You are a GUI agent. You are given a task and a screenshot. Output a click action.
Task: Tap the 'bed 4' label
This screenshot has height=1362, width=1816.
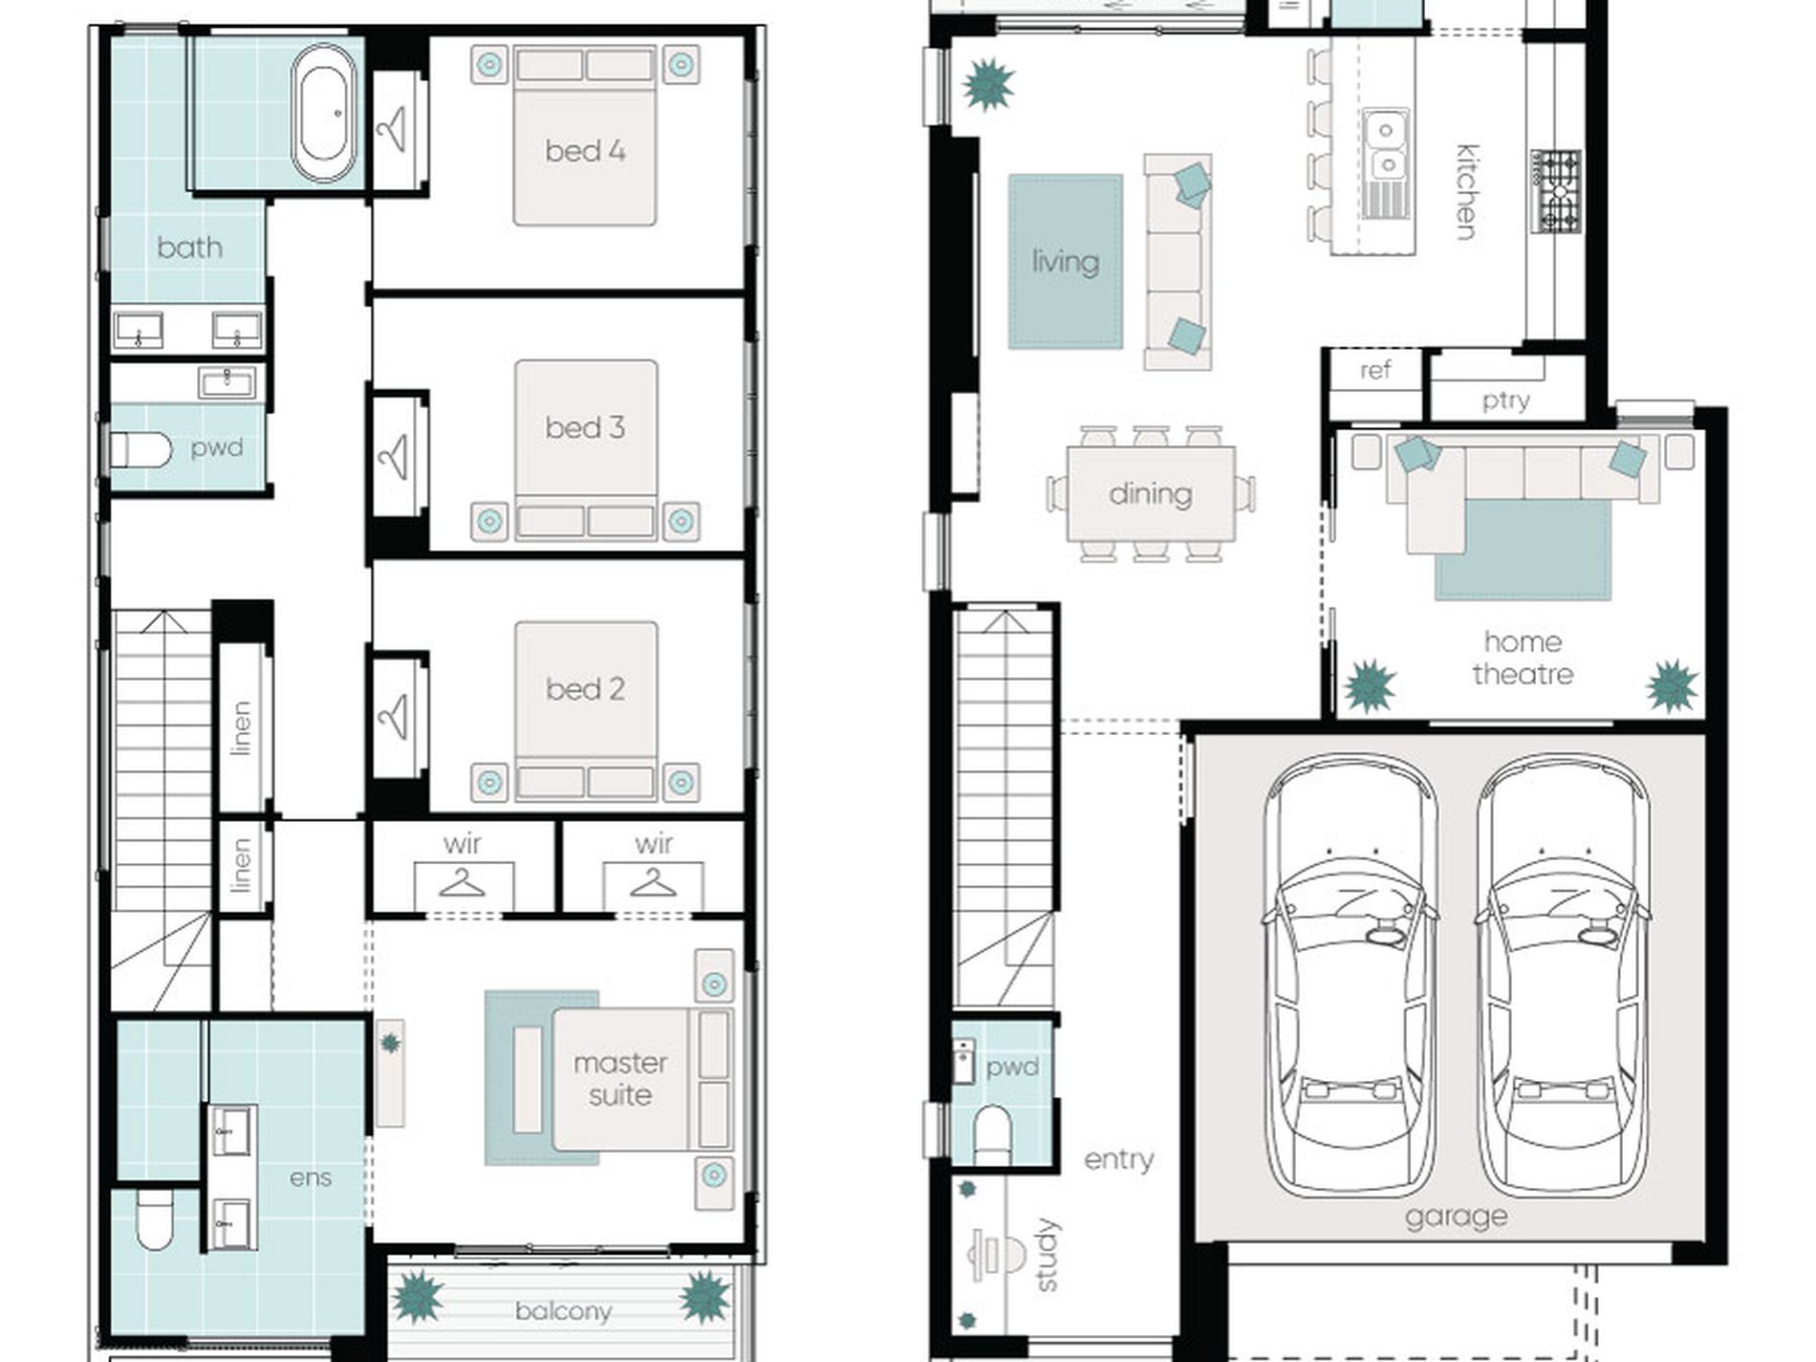point(585,150)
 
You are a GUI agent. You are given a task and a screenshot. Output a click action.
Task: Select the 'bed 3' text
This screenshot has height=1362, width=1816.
point(585,427)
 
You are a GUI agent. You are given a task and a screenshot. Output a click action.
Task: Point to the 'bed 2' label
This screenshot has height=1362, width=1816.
point(585,688)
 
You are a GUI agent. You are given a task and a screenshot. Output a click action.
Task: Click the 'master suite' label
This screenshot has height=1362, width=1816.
point(620,1078)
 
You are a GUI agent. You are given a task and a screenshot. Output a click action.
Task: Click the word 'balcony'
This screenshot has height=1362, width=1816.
point(563,1311)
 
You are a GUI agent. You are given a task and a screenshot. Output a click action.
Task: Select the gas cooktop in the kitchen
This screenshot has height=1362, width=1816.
point(1557,191)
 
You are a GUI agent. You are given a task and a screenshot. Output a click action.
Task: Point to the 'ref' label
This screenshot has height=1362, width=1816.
point(1375,370)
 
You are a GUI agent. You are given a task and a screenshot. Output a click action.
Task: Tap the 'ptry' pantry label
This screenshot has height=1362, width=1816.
point(1505,400)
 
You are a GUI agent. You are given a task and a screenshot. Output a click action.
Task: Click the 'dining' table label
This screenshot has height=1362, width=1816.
point(1151,494)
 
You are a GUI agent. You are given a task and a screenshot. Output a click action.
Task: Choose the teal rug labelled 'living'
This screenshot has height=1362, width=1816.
point(1066,261)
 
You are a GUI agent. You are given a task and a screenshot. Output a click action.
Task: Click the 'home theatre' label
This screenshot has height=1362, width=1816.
point(1523,658)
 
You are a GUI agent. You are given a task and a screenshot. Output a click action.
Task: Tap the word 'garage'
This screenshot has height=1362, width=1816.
point(1457,1217)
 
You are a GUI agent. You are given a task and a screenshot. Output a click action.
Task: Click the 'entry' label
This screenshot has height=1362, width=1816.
point(1118,1159)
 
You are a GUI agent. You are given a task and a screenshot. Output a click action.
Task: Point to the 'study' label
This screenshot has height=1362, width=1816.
point(1047,1255)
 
